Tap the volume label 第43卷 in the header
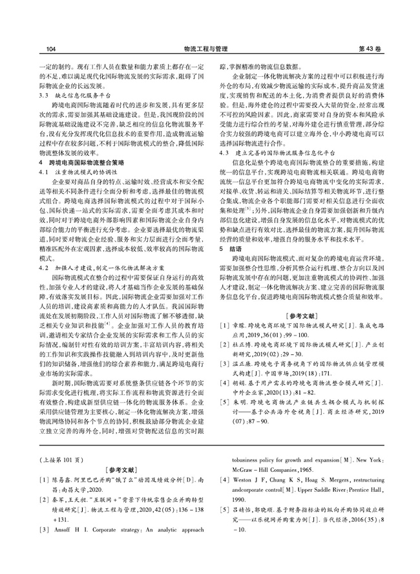(x=370, y=48)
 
